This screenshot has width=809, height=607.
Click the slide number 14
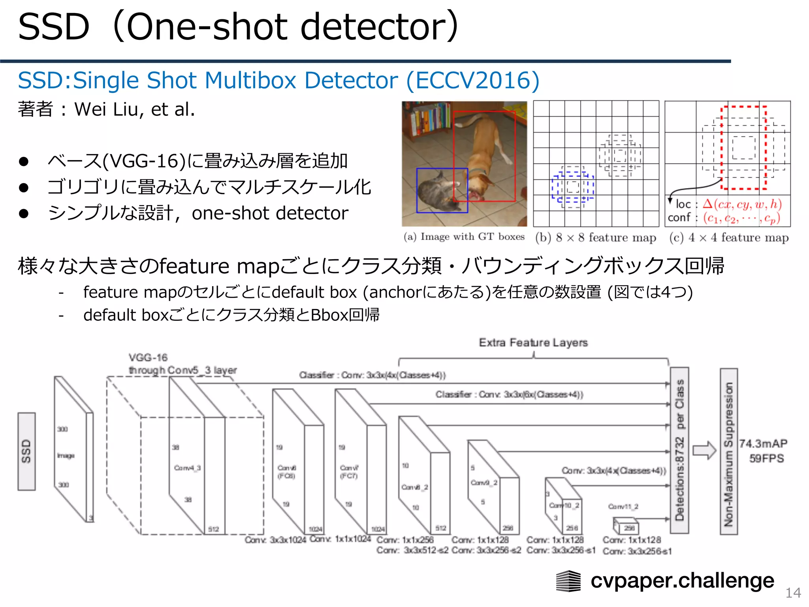[793, 592]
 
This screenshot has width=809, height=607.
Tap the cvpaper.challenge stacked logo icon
[568, 581]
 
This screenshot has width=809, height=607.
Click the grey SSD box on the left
[26, 451]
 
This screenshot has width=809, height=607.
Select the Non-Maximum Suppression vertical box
[729, 451]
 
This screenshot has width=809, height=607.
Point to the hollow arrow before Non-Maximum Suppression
[704, 451]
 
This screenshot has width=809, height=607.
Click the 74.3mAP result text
[763, 443]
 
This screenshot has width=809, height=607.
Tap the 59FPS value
[766, 458]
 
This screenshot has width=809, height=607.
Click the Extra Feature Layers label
[533, 343]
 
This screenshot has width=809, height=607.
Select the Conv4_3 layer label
[187, 468]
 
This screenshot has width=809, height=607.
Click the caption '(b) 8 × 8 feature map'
[596, 238]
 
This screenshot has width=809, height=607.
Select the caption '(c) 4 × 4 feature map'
[729, 238]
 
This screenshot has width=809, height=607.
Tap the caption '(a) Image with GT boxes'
[464, 237]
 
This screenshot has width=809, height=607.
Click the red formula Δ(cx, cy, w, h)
[742, 204]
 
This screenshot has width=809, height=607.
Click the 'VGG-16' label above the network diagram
[148, 358]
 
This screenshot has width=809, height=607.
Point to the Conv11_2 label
[623, 507]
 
